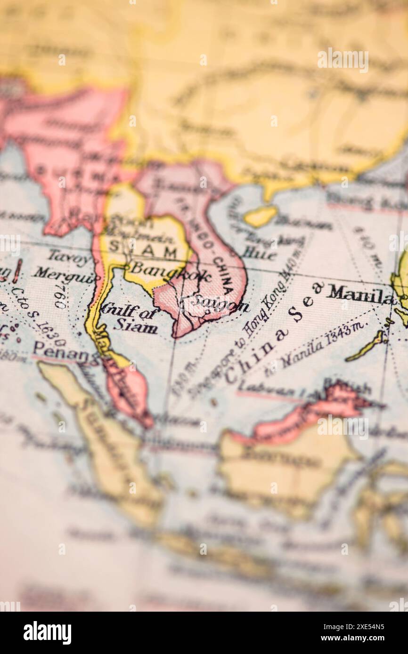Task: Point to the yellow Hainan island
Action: click(x=261, y=216)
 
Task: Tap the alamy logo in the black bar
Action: click(x=47, y=632)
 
